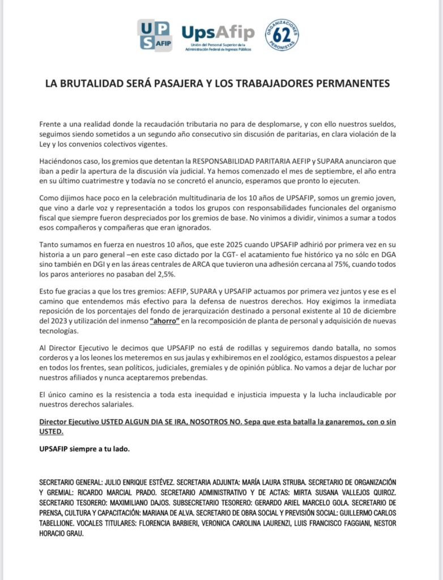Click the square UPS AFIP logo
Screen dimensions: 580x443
[x=154, y=35]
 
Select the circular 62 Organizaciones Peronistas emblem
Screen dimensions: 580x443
[x=282, y=35]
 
